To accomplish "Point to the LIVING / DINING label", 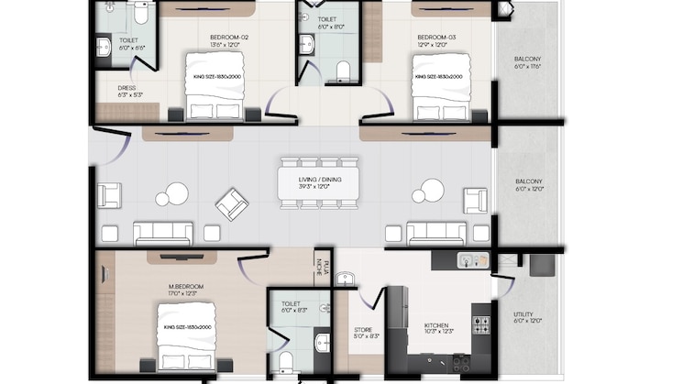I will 319,180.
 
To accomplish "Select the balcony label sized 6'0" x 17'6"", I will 530,65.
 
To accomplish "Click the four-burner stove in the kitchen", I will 480,324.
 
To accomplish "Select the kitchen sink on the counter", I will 471,260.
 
